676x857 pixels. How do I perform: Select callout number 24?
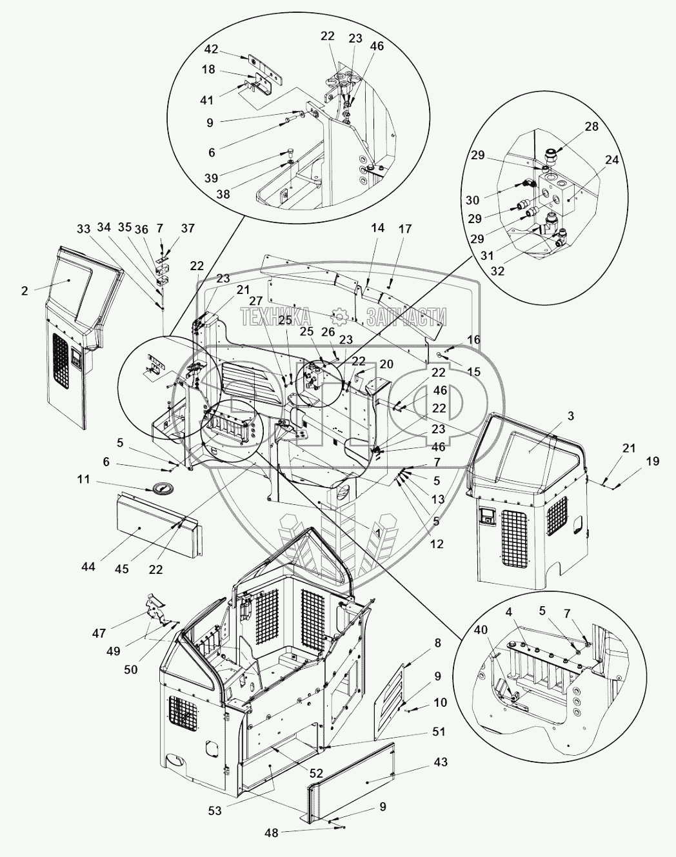[611, 161]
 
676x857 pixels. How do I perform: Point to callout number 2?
[25, 291]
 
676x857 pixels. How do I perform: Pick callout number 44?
[88, 566]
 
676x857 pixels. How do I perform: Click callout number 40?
[481, 631]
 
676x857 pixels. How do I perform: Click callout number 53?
[214, 811]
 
